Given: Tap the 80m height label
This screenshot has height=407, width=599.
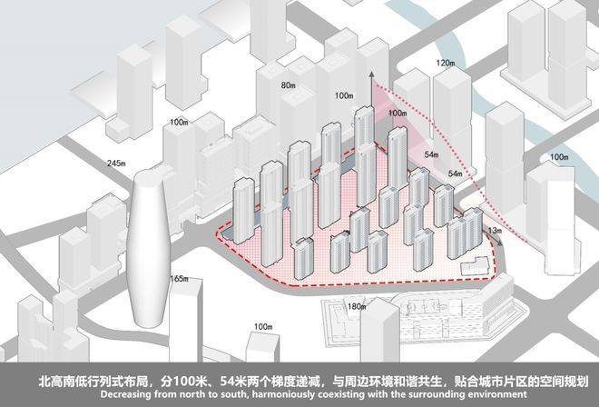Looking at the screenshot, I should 289,85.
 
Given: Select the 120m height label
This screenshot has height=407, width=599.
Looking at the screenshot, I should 444,63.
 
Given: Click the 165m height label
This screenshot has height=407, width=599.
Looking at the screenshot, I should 179,278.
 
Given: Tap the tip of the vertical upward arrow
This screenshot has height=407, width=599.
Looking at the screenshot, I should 369,73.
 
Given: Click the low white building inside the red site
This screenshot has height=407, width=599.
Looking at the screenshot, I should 472,264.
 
